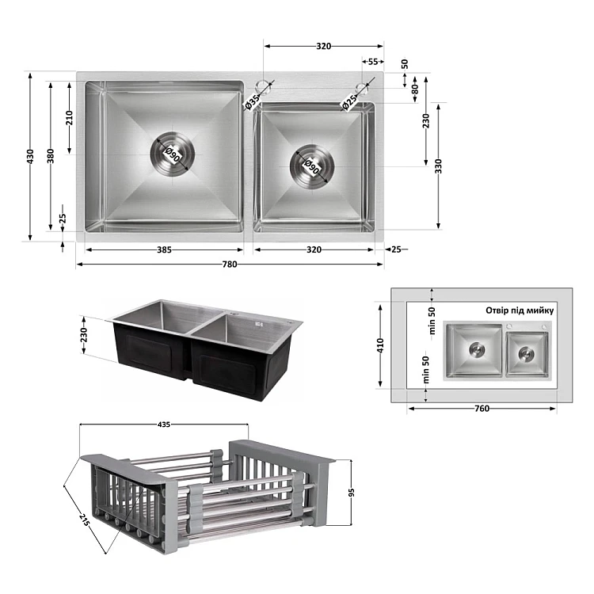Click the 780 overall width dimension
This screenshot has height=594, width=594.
point(230,264)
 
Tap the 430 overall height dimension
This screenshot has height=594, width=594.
point(30,157)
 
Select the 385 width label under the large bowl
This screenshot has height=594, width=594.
point(164,249)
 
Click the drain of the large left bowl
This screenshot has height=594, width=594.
point(173,154)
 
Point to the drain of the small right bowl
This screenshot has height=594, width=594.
point(312,166)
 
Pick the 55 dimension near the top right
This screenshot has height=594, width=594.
point(373,61)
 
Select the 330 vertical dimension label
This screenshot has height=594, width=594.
point(438,166)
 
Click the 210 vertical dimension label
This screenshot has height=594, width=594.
point(69,118)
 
